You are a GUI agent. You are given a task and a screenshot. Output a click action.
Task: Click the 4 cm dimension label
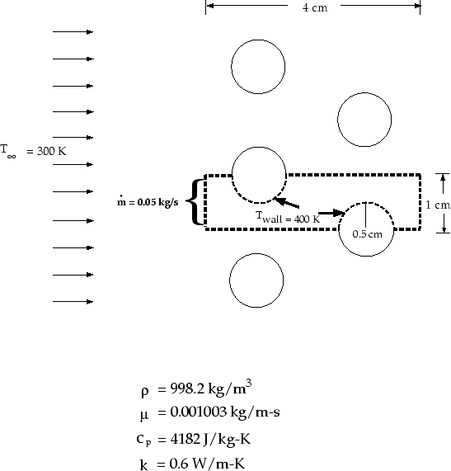pyautogui.click(x=315, y=7)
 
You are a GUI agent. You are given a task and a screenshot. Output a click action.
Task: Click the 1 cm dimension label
pyautogui.click(x=438, y=205)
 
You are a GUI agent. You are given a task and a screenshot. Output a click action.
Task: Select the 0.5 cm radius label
pyautogui.click(x=367, y=234)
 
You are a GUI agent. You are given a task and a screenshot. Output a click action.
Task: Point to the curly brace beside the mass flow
pyautogui.click(x=195, y=202)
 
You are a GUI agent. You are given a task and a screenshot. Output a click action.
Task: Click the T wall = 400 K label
pyautogui.click(x=288, y=218)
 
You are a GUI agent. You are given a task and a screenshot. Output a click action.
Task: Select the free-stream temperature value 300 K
pyautogui.click(x=51, y=151)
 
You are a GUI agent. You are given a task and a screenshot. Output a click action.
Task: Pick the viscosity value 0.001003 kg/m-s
pyautogui.click(x=225, y=412)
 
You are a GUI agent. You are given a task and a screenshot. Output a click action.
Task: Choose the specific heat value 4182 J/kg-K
pyautogui.click(x=210, y=439)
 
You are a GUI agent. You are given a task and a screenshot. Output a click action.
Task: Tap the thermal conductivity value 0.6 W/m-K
pyautogui.click(x=207, y=464)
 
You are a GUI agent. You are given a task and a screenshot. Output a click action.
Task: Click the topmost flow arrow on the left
pyautogui.click(x=73, y=31)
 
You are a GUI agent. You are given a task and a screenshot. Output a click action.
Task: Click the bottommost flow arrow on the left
pyautogui.click(x=73, y=301)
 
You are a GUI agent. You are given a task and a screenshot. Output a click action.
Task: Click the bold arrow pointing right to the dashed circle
pyautogui.click(x=331, y=213)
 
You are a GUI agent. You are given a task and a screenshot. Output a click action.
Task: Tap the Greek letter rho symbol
pyautogui.click(x=144, y=392)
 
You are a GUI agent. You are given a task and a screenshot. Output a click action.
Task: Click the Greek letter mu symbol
pyautogui.click(x=144, y=416)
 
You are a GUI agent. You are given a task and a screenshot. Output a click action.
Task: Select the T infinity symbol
pyautogui.click(x=8, y=151)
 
